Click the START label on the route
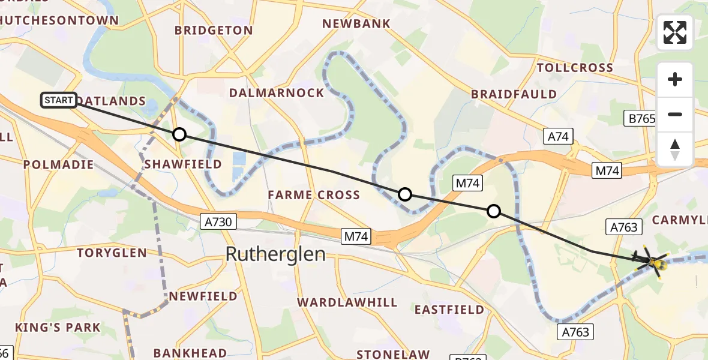59,100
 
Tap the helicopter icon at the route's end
653,262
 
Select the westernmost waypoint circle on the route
179,134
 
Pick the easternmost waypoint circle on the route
493,211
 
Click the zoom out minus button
675,114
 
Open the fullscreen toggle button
675,32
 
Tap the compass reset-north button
675,149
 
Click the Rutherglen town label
275,254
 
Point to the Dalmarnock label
277,93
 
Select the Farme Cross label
314,195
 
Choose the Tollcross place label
575,68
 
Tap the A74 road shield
558,136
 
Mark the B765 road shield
642,119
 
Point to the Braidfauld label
514,94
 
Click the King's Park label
58,328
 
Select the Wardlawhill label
347,302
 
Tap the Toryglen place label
112,253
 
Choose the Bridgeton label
214,30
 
